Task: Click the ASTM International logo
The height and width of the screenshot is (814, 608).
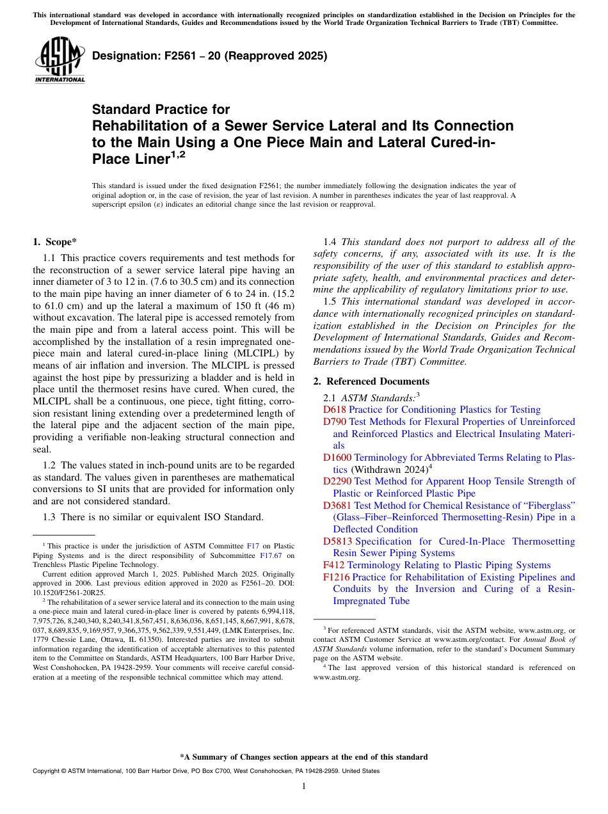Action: pos(60,60)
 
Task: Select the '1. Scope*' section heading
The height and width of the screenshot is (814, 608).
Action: pos(55,242)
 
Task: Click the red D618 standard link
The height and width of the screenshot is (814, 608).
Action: pos(335,410)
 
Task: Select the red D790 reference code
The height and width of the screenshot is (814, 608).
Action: pos(335,422)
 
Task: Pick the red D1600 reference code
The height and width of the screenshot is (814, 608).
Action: pos(337,458)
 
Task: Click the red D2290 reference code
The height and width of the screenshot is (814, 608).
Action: pos(337,481)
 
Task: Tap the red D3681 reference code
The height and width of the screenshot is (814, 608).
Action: pos(337,506)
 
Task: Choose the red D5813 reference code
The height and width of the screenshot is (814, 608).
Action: pos(337,541)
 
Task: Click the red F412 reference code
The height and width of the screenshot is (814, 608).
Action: pos(334,565)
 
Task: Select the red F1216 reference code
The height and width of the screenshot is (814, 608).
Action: pos(337,577)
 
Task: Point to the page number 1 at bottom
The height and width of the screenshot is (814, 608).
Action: pos(304,786)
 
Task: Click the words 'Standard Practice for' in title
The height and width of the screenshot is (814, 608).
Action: pos(161,109)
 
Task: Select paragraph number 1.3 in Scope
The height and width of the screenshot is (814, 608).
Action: pos(51,516)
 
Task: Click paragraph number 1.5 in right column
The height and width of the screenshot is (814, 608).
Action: pos(331,301)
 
